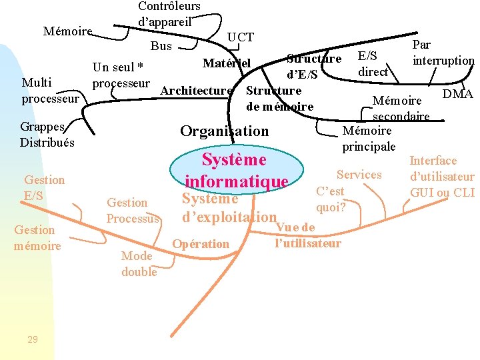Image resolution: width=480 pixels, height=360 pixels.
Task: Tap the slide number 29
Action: point(33,339)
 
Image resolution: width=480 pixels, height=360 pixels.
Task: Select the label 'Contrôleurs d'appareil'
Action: point(169,13)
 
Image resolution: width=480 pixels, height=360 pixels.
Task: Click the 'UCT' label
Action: point(241,37)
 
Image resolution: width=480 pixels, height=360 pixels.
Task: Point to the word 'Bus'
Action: point(161,46)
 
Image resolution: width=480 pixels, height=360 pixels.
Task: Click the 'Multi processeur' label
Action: point(50,91)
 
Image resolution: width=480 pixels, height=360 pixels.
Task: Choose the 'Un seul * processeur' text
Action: point(121,75)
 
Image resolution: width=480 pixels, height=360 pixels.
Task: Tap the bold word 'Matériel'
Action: point(227,63)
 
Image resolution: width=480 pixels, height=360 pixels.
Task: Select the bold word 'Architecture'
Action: point(197,91)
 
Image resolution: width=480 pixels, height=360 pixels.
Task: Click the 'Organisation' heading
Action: point(224,131)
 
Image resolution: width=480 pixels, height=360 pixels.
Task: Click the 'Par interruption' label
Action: point(443,53)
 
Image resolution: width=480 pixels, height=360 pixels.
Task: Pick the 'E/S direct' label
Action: point(373,63)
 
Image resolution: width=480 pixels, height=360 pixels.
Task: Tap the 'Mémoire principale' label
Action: point(369,138)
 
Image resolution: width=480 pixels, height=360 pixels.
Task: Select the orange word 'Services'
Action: point(359,175)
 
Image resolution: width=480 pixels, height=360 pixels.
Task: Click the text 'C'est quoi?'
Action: point(330,199)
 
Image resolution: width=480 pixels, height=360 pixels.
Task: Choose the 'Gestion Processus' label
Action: point(133,211)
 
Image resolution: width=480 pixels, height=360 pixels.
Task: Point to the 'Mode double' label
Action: point(139,264)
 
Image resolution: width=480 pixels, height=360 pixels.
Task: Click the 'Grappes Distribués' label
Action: point(47,134)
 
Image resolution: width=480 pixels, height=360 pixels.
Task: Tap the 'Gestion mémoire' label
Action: point(37,238)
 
